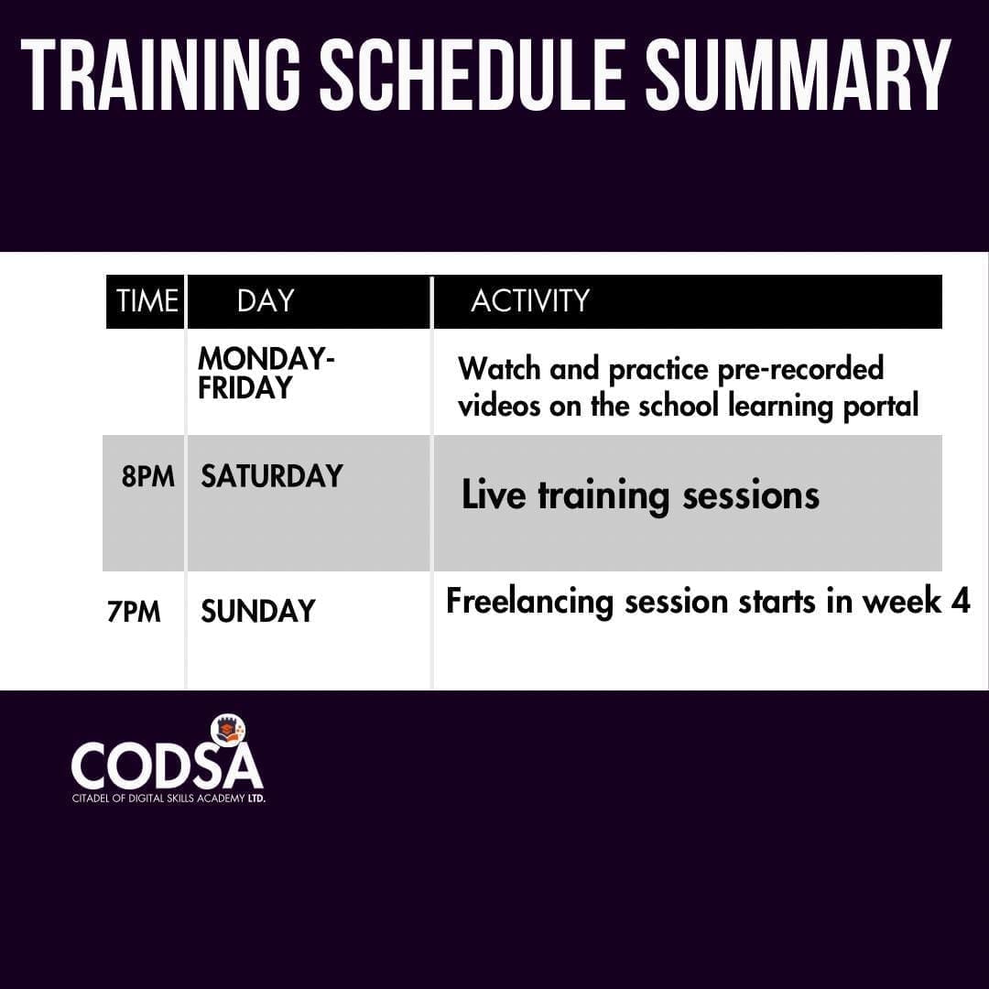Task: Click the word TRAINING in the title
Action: pos(161,75)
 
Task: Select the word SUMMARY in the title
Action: pos(798,75)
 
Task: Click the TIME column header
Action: pos(147,301)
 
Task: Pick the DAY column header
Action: pos(266,301)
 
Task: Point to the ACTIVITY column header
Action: pos(530,301)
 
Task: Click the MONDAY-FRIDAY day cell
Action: pos(266,373)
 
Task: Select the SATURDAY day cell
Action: pos(272,476)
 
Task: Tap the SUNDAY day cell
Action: pos(258,611)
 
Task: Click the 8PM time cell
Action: pos(148,476)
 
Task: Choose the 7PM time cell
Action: pos(134,612)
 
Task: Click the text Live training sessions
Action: pos(640,495)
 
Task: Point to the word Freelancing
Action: pos(530,602)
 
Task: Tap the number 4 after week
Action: pos(960,601)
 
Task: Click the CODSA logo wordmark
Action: pos(167,765)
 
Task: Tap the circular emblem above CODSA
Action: pos(228,731)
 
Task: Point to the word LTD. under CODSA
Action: pos(256,799)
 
